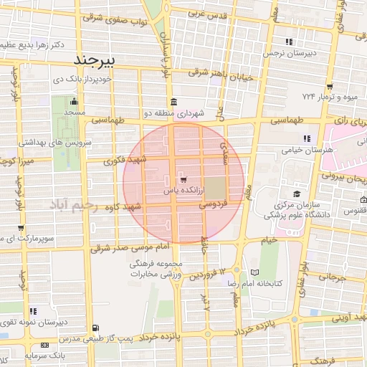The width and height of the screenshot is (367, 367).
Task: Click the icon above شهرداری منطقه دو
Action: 172,101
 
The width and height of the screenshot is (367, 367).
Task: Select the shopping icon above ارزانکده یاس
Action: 184,179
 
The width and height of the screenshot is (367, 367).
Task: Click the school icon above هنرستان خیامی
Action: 306,138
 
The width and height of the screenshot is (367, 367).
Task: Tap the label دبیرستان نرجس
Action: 288,52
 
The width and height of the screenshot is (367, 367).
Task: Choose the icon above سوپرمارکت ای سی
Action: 20,229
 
